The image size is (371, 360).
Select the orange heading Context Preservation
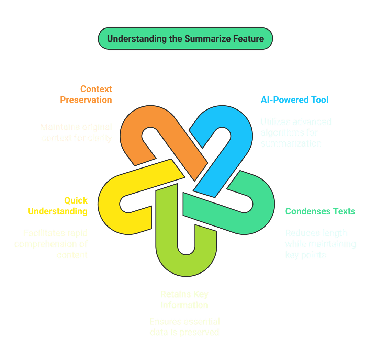tap(86, 94)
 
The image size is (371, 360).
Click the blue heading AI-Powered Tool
tap(295, 100)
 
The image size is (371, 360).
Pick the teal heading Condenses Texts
tap(320, 211)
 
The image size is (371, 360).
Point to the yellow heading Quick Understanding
tap(58, 206)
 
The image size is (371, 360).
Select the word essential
tap(202, 322)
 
